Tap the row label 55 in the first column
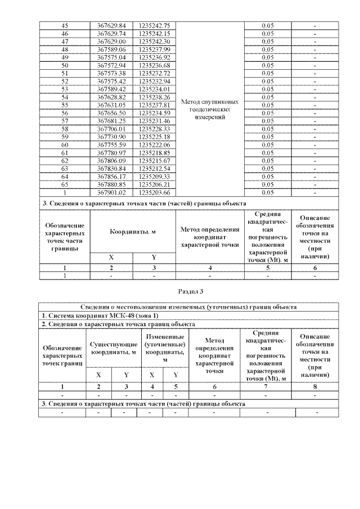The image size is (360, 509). click(64, 105)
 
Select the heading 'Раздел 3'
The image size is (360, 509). click(190, 291)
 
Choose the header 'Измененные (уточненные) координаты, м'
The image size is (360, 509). click(164, 348)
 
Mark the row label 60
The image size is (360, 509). click(64, 145)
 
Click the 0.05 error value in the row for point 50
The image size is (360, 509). click(267, 65)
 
